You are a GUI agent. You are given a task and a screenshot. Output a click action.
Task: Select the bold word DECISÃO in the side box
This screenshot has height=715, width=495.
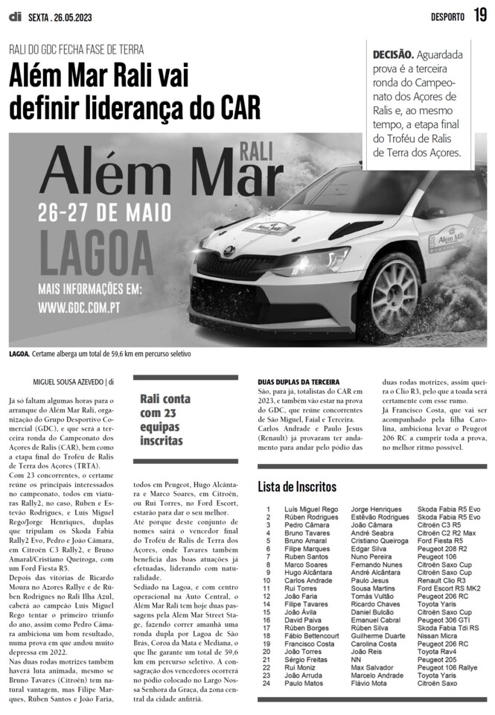tap(392, 55)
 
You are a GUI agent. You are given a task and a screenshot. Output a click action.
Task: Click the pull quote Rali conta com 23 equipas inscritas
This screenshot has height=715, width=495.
tap(161, 419)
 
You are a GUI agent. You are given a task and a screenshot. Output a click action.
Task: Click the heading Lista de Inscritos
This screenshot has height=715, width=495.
tap(297, 486)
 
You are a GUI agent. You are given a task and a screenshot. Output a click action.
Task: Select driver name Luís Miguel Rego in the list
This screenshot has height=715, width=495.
tap(311, 509)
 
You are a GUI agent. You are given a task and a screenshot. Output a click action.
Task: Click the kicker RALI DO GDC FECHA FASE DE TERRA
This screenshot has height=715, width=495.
tap(77, 50)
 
